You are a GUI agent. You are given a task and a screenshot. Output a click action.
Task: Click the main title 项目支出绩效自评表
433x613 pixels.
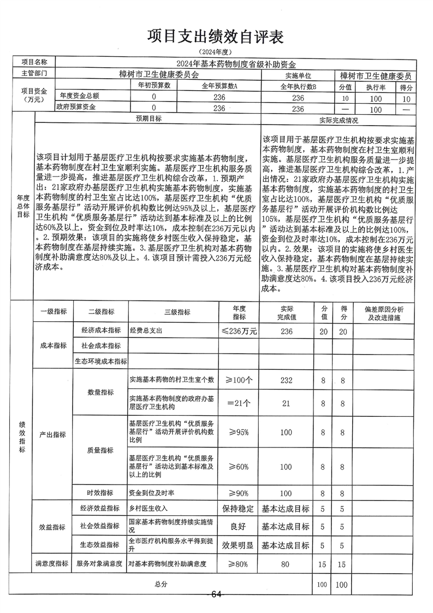[216, 37]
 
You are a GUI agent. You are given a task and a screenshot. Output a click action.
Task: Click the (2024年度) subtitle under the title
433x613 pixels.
[216, 52]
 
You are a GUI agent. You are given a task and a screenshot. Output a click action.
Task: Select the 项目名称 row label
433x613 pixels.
[34, 62]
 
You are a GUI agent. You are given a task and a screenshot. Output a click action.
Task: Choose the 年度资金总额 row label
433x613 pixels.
[79, 96]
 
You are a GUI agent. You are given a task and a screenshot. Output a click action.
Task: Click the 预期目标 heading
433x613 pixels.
[148, 119]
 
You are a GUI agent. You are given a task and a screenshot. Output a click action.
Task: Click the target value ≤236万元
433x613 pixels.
[239, 331]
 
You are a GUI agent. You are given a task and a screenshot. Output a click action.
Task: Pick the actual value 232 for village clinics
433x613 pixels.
[286, 380]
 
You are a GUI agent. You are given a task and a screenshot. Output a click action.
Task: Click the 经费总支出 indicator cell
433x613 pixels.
[146, 332]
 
